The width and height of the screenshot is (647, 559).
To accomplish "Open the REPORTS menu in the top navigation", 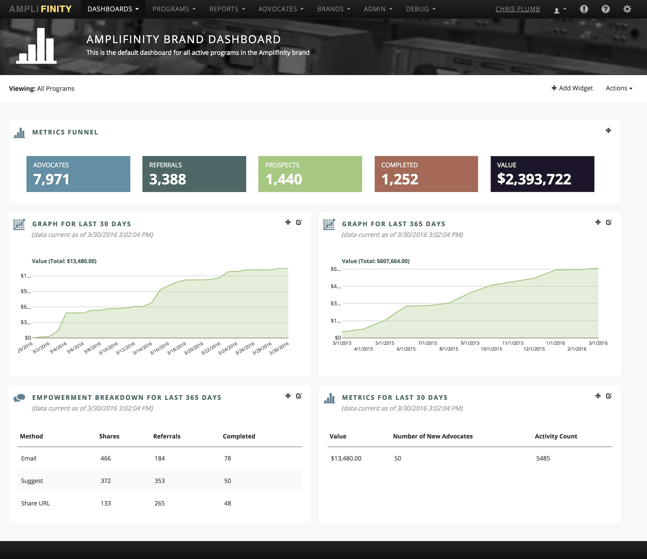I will point(227,9).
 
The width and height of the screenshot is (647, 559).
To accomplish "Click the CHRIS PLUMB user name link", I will point(517,9).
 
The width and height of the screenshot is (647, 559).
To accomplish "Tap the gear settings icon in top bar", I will point(627,9).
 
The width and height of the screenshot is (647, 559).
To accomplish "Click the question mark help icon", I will point(606,9).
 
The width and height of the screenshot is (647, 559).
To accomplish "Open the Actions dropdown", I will point(619,88).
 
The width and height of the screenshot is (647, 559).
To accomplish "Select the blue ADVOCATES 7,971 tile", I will point(78,174).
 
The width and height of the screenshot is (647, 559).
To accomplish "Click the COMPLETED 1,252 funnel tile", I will point(426,174).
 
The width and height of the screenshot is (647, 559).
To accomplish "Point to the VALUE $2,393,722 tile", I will point(542,174).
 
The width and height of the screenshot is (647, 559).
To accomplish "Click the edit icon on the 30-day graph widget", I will point(299,222).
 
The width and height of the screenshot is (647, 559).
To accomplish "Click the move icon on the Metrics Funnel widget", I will point(608,131).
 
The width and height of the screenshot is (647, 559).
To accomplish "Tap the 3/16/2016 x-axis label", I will point(160,348).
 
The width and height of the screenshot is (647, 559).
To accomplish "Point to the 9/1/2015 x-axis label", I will point(470,343).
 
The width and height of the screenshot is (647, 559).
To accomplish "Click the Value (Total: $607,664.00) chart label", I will point(375,261).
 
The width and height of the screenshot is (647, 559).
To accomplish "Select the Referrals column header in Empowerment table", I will point(167,436).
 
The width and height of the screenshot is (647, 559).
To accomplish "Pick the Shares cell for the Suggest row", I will point(106,481).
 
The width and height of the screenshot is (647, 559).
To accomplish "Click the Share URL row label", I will point(35,503).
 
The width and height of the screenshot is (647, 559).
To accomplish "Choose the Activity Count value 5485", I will point(543,458).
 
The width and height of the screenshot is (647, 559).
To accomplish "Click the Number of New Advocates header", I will point(432,436).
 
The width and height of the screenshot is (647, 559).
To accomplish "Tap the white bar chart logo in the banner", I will point(36,46).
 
